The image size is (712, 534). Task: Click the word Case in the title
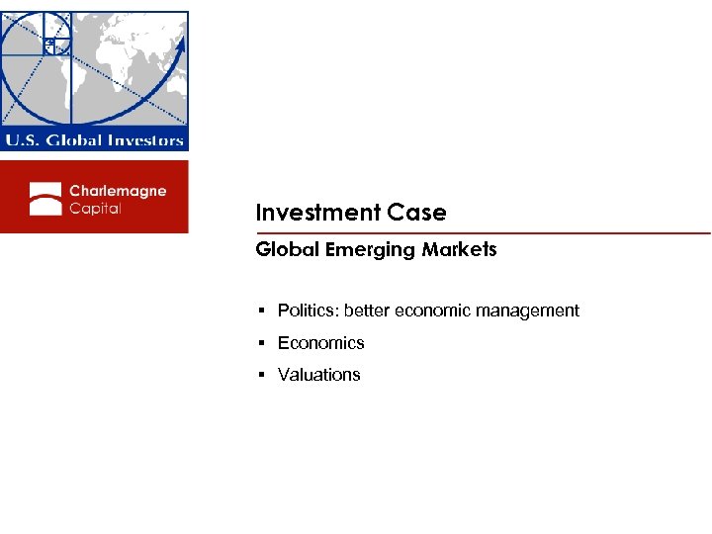point(417,213)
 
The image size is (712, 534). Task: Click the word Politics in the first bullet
point(307,311)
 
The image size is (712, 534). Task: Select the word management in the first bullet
point(528,311)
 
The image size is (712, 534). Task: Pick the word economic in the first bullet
point(431,311)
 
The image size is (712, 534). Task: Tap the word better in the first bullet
point(367,311)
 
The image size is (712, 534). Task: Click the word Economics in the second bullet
point(320,343)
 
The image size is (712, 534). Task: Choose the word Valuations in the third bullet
point(318,375)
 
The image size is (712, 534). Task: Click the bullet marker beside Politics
point(261,311)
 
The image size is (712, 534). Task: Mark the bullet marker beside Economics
point(261,344)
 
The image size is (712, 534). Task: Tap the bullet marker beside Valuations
point(261,376)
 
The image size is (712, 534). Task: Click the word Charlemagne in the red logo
point(118,190)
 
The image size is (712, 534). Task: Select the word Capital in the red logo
point(95,209)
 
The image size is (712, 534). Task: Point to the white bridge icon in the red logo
point(45,198)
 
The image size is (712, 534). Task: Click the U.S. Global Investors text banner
point(94,140)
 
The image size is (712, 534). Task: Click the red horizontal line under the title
point(483,233)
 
